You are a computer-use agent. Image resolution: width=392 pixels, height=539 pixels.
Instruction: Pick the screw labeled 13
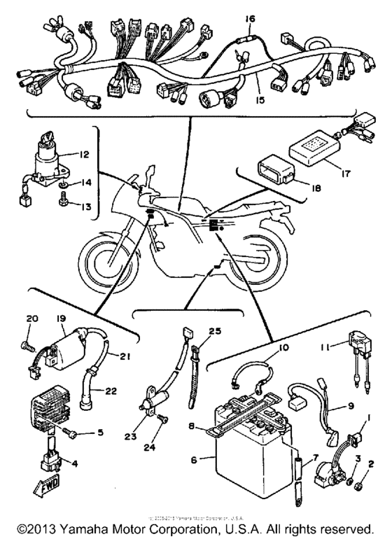(62, 202)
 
